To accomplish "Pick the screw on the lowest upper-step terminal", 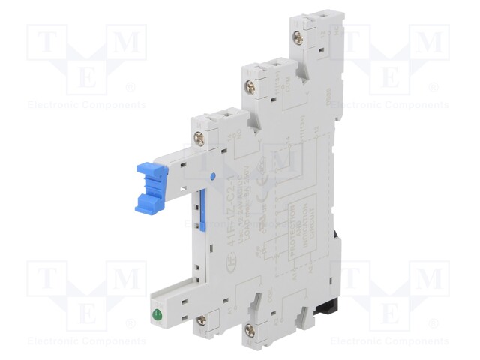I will (x=200, y=136).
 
